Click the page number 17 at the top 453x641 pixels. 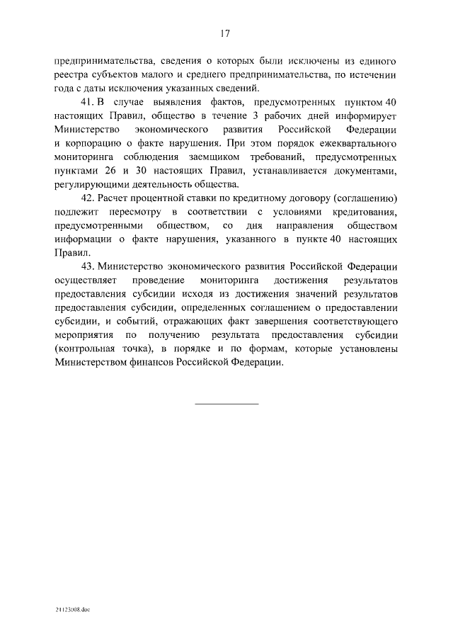click(x=226, y=34)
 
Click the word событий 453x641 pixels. click(x=130, y=322)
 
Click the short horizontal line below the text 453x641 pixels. click(x=226, y=403)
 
